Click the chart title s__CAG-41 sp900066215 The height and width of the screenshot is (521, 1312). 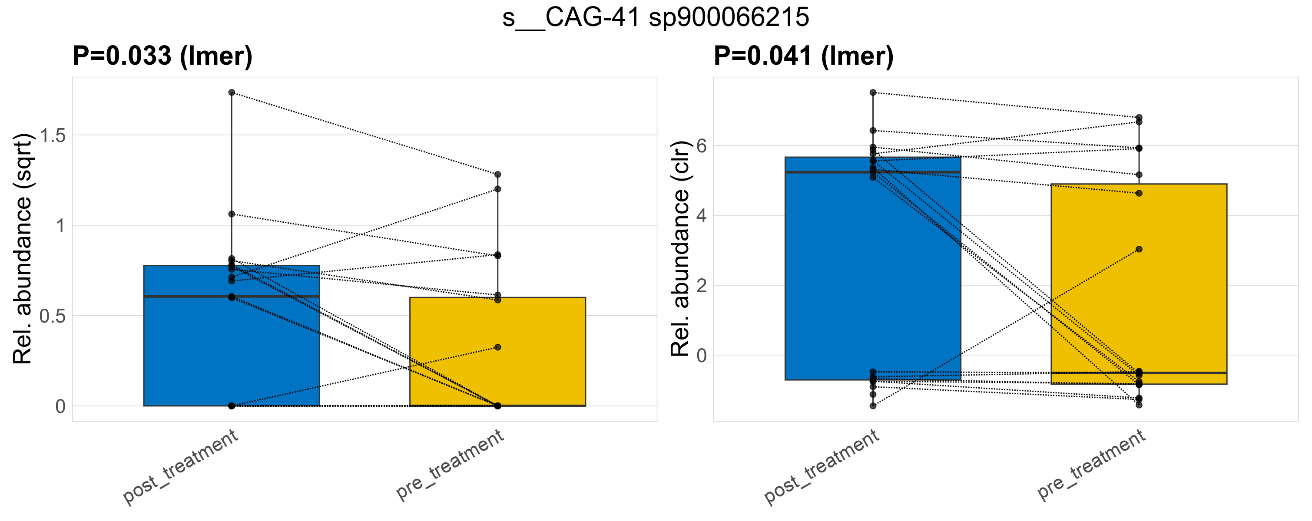pyautogui.click(x=656, y=18)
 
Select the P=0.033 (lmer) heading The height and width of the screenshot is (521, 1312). pyautogui.click(x=162, y=56)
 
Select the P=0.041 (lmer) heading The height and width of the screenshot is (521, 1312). pyautogui.click(x=803, y=56)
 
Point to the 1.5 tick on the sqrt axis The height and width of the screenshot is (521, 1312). pyautogui.click(x=53, y=135)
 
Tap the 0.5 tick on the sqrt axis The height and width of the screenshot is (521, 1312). pyautogui.click(x=53, y=316)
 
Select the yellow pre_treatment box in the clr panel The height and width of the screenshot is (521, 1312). pyautogui.click(x=1139, y=305)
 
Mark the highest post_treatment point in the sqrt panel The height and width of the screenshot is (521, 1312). pyautogui.click(x=232, y=92)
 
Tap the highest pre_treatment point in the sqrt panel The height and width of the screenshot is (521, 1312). pyautogui.click(x=497, y=175)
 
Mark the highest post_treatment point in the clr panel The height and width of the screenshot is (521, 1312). pyautogui.click(x=873, y=92)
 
